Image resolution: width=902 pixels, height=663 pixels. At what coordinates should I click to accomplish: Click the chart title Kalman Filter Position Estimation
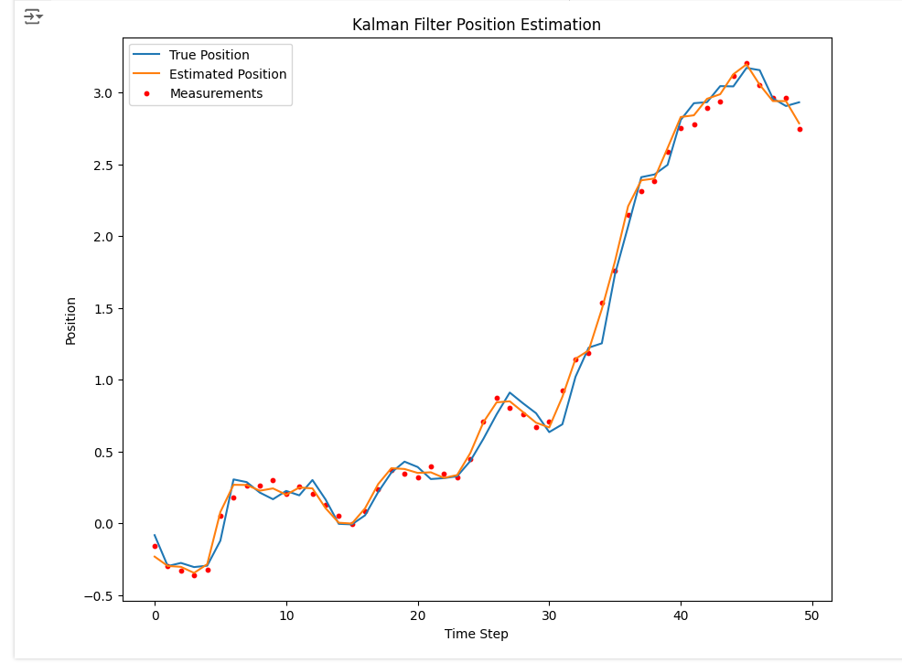pyautogui.click(x=477, y=25)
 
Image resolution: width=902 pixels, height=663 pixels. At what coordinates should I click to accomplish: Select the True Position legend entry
pyautogui.click(x=209, y=55)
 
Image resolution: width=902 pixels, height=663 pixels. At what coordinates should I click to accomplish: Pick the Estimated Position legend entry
pyautogui.click(x=228, y=74)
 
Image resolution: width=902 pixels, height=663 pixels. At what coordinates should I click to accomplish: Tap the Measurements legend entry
pyautogui.click(x=216, y=93)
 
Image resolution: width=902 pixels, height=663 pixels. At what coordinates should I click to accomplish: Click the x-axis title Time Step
pyautogui.click(x=476, y=634)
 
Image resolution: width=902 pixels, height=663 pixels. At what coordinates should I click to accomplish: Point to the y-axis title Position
pyautogui.click(x=71, y=320)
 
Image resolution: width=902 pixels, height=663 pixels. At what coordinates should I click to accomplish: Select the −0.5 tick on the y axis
pyautogui.click(x=99, y=596)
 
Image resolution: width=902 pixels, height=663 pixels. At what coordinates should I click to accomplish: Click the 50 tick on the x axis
pyautogui.click(x=812, y=615)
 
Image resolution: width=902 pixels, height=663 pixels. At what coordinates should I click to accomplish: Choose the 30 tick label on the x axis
pyautogui.click(x=549, y=615)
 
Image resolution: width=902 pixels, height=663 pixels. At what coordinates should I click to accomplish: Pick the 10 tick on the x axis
pyautogui.click(x=286, y=615)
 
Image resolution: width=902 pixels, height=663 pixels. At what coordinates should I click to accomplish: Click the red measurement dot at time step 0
pyautogui.click(x=155, y=546)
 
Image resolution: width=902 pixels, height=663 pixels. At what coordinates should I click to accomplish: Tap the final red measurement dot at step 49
pyautogui.click(x=800, y=129)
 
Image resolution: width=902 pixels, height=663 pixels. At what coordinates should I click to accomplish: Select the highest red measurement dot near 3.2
pyautogui.click(x=746, y=64)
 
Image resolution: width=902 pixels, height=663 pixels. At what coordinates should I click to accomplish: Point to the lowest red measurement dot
pyautogui.click(x=194, y=575)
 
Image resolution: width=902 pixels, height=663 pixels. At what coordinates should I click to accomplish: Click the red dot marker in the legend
pyautogui.click(x=146, y=93)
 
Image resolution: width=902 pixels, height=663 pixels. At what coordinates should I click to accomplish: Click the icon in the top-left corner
pyautogui.click(x=33, y=16)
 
